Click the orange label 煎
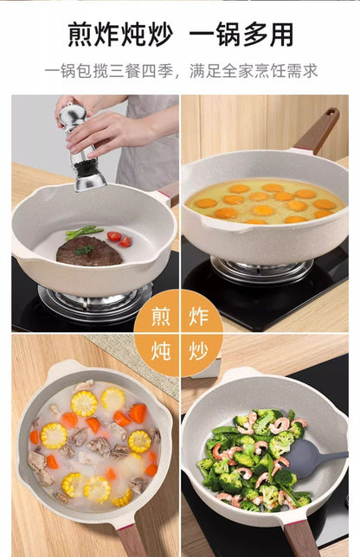[x=161, y=317]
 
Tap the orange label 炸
[x=198, y=317]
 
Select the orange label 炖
[x=161, y=351]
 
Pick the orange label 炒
[x=198, y=351]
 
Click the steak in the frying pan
[x=89, y=252]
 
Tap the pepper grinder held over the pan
[x=81, y=147]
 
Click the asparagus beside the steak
[x=84, y=232]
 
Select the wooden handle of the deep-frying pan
[x=317, y=131]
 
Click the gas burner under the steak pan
[x=95, y=301]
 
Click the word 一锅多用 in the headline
[x=241, y=35]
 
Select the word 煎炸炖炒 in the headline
[x=120, y=35]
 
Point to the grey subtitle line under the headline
[x=181, y=71]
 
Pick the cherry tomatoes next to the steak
[x=119, y=239]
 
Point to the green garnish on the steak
[x=84, y=250]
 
